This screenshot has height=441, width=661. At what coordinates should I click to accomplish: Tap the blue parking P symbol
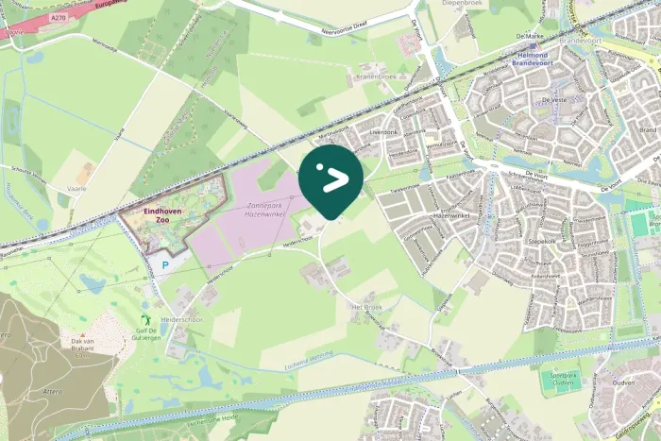tap(166, 267)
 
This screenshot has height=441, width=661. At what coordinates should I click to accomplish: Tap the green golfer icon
tap(144, 321)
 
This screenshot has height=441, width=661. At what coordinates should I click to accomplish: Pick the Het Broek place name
tap(364, 308)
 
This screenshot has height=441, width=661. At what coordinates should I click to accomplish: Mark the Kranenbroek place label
tap(377, 76)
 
